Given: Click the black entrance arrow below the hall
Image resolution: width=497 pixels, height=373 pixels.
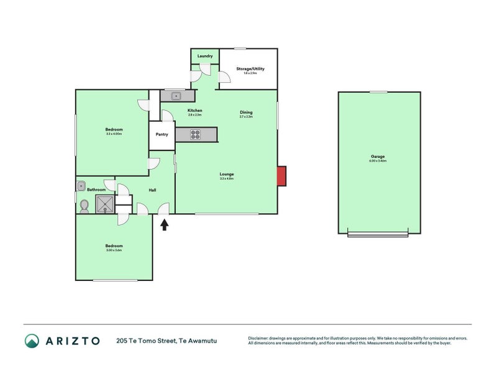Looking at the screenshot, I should (x=165, y=225).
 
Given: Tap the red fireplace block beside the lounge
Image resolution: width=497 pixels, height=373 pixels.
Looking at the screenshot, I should (x=281, y=175).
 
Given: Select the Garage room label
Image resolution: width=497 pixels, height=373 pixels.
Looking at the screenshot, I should (x=377, y=157).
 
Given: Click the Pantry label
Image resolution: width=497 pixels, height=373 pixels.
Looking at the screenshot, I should (x=162, y=134).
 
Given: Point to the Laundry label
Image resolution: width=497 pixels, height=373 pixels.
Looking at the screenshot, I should (x=205, y=57).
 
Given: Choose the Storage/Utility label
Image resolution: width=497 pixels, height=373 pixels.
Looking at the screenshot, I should (x=250, y=68).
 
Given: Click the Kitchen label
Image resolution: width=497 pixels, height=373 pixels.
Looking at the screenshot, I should (x=195, y=111).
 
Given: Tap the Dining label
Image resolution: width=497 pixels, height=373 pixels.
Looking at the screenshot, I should (x=247, y=112).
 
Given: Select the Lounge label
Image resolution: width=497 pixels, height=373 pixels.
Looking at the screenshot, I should (x=226, y=173).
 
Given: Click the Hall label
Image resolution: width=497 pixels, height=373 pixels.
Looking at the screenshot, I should (x=152, y=190).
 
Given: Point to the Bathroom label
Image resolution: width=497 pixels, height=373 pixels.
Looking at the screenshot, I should (x=96, y=190).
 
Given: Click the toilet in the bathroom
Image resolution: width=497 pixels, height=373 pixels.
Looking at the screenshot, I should (x=84, y=205).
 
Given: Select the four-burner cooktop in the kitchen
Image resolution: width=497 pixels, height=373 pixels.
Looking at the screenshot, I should (x=195, y=134).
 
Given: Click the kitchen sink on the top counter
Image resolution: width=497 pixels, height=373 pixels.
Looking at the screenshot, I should (x=176, y=96).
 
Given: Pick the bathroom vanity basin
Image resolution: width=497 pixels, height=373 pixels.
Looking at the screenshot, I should (x=81, y=185).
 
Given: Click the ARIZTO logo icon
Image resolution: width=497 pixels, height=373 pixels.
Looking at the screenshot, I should (x=32, y=341).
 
